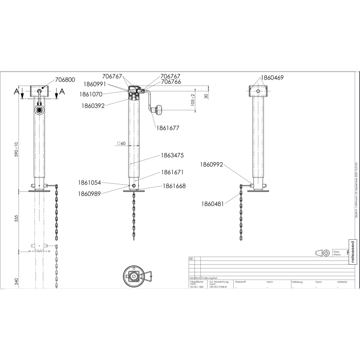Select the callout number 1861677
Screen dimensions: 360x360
pyautogui.click(x=168, y=127)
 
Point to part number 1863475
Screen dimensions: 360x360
pyautogui.click(x=172, y=155)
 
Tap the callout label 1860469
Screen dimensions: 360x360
pyautogui.click(x=272, y=78)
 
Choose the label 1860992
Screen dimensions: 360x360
pyautogui.click(x=211, y=165)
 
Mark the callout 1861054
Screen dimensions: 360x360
pyautogui.click(x=89, y=183)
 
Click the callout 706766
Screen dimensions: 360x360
pyautogui.click(x=171, y=82)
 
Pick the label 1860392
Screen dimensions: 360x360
pyautogui.click(x=94, y=106)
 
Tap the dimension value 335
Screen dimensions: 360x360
pyautogui.click(x=17, y=219)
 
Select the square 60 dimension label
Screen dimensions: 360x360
pyautogui.click(x=122, y=144)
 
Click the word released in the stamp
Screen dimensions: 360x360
pyautogui.click(x=352, y=252)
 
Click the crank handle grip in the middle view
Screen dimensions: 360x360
pyautogui.click(x=158, y=111)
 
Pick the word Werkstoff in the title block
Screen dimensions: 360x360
pyautogui.click(x=240, y=282)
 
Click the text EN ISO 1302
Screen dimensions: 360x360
pyautogui.click(x=197, y=287)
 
